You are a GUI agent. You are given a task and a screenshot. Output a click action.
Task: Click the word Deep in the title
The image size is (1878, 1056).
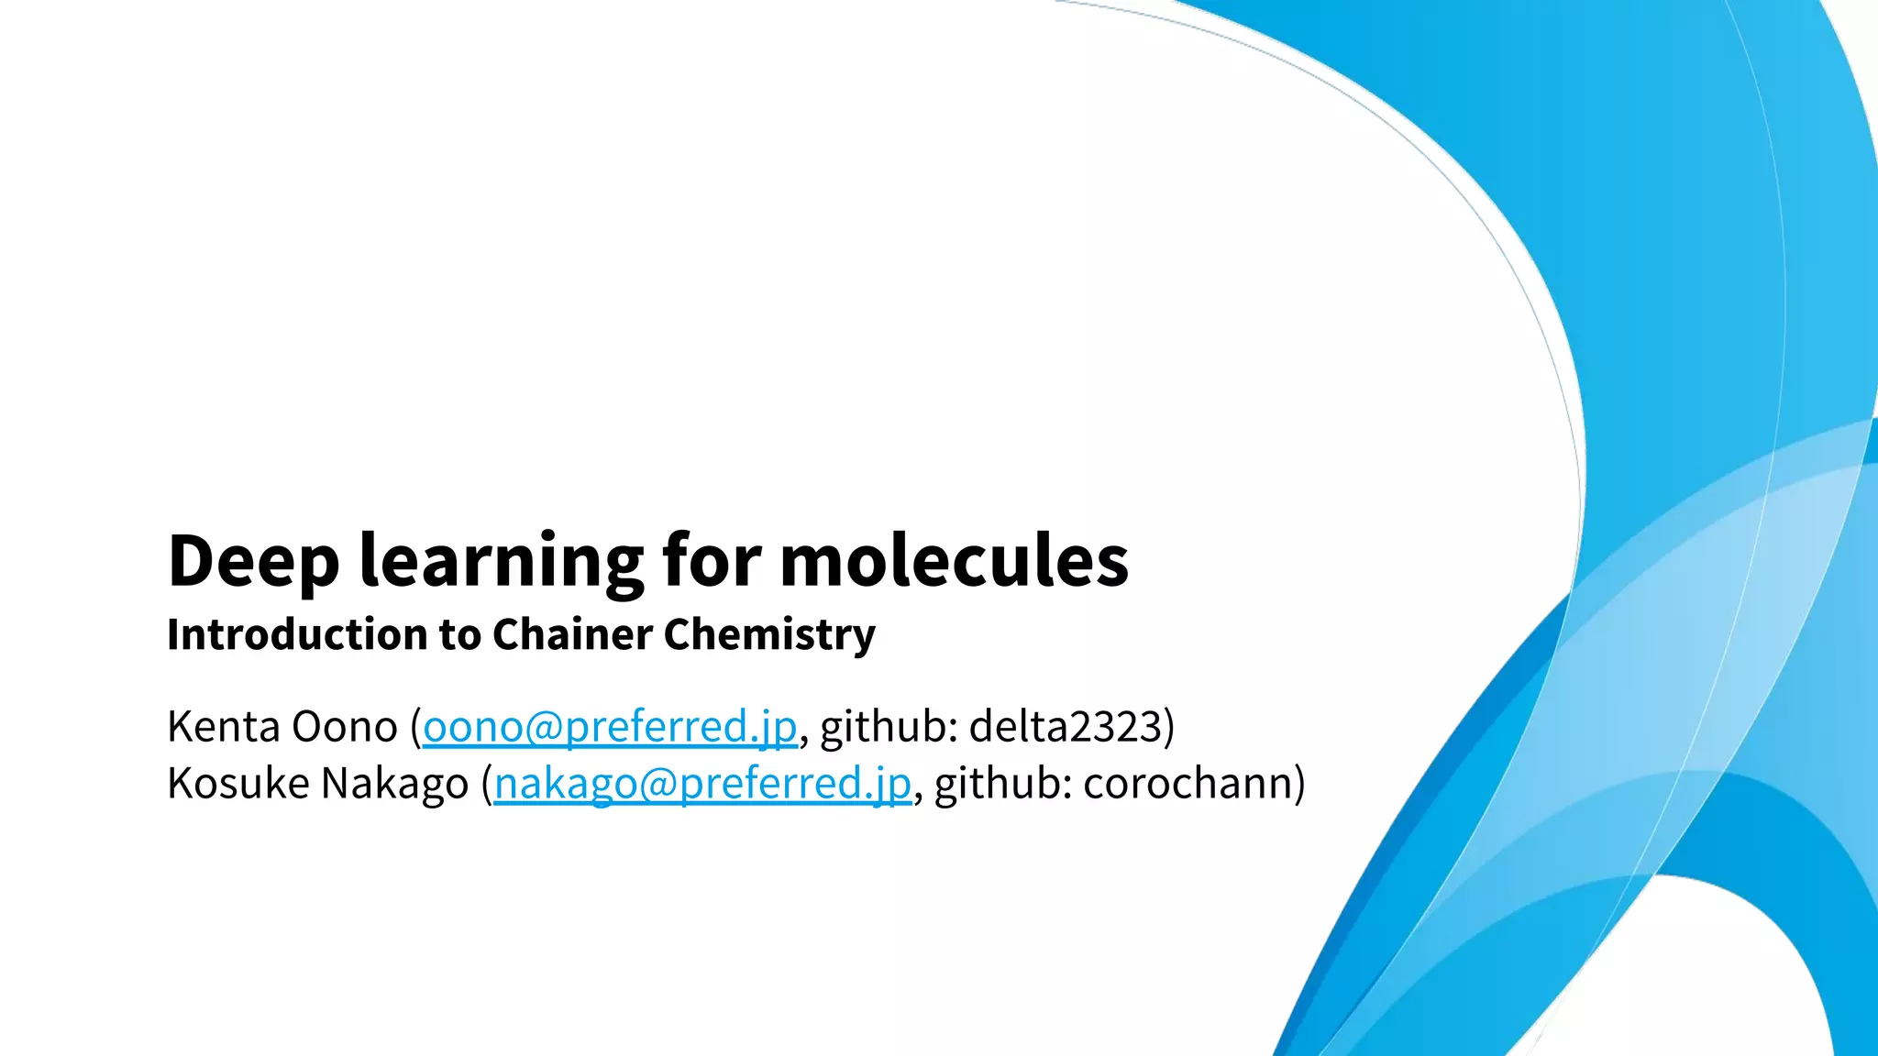(x=253, y=561)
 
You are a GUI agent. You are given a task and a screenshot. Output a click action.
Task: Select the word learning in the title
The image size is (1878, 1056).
(x=502, y=561)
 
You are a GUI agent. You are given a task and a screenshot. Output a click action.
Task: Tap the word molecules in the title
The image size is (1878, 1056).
(x=954, y=561)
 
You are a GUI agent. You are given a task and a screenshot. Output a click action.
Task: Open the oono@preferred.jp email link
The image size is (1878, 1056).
(x=610, y=727)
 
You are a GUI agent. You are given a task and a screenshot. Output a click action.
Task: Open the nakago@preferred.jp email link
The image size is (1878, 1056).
(x=702, y=784)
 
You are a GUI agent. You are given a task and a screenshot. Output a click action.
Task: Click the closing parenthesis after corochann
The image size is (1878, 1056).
(x=1298, y=784)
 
